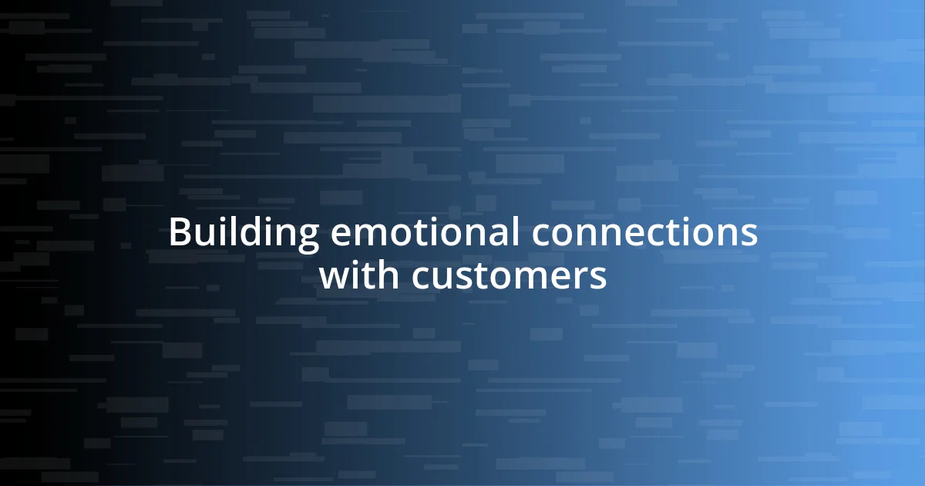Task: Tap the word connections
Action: (644, 233)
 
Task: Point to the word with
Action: (358, 275)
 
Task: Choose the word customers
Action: (509, 277)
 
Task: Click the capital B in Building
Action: (179, 233)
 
